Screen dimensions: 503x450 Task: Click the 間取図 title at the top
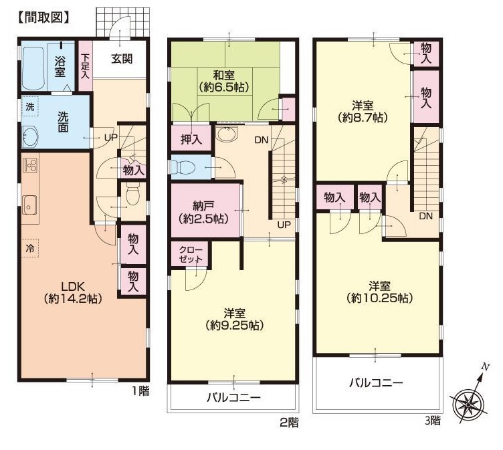pyautogui.click(x=43, y=17)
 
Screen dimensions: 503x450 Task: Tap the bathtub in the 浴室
pyautogui.click(x=33, y=68)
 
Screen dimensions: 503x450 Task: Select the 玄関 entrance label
pyautogui.click(x=122, y=59)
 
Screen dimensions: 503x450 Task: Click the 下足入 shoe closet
pyautogui.click(x=86, y=66)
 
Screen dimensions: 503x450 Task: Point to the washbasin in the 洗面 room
pyautogui.click(x=30, y=136)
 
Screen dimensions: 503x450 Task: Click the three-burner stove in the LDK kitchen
pyautogui.click(x=30, y=166)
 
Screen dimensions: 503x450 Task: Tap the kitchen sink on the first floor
pyautogui.click(x=30, y=205)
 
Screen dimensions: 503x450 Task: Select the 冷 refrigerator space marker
pyautogui.click(x=29, y=248)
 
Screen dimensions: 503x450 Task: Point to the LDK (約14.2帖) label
pyautogui.click(x=73, y=292)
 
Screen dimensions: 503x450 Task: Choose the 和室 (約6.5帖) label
pyautogui.click(x=224, y=82)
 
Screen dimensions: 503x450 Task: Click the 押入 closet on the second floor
pyautogui.click(x=191, y=138)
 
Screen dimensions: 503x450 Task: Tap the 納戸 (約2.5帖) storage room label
pyautogui.click(x=203, y=212)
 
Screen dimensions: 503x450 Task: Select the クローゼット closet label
pyautogui.click(x=191, y=254)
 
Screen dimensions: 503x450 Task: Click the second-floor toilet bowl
pyautogui.click(x=183, y=166)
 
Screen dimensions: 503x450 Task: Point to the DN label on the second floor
pyautogui.click(x=262, y=140)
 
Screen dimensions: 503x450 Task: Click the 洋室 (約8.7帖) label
pyautogui.click(x=363, y=111)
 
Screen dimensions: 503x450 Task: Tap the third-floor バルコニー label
pyautogui.click(x=376, y=382)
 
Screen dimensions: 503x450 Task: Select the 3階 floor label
pyautogui.click(x=433, y=420)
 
